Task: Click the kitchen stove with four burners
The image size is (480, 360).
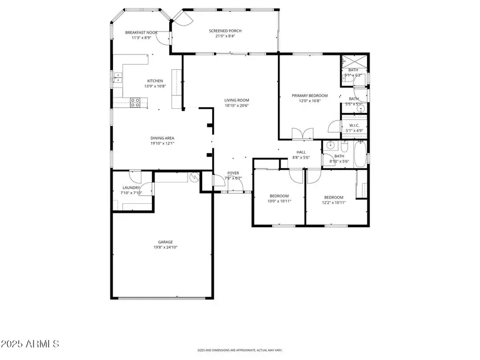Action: point(135,102)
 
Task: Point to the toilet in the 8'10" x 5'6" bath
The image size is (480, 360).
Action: point(345,146)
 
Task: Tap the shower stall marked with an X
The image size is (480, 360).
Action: point(354,61)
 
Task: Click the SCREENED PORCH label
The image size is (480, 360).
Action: point(225,31)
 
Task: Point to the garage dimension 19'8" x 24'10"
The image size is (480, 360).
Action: point(165,247)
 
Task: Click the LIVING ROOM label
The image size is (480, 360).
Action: point(236,100)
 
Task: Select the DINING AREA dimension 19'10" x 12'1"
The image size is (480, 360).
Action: point(162,143)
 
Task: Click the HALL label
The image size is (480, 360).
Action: point(301,152)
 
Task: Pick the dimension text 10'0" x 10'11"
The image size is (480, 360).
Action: point(279,202)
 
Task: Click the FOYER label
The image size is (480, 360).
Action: point(233,173)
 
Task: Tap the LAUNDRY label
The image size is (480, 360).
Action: point(131,188)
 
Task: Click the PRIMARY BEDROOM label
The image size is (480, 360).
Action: point(309,95)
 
